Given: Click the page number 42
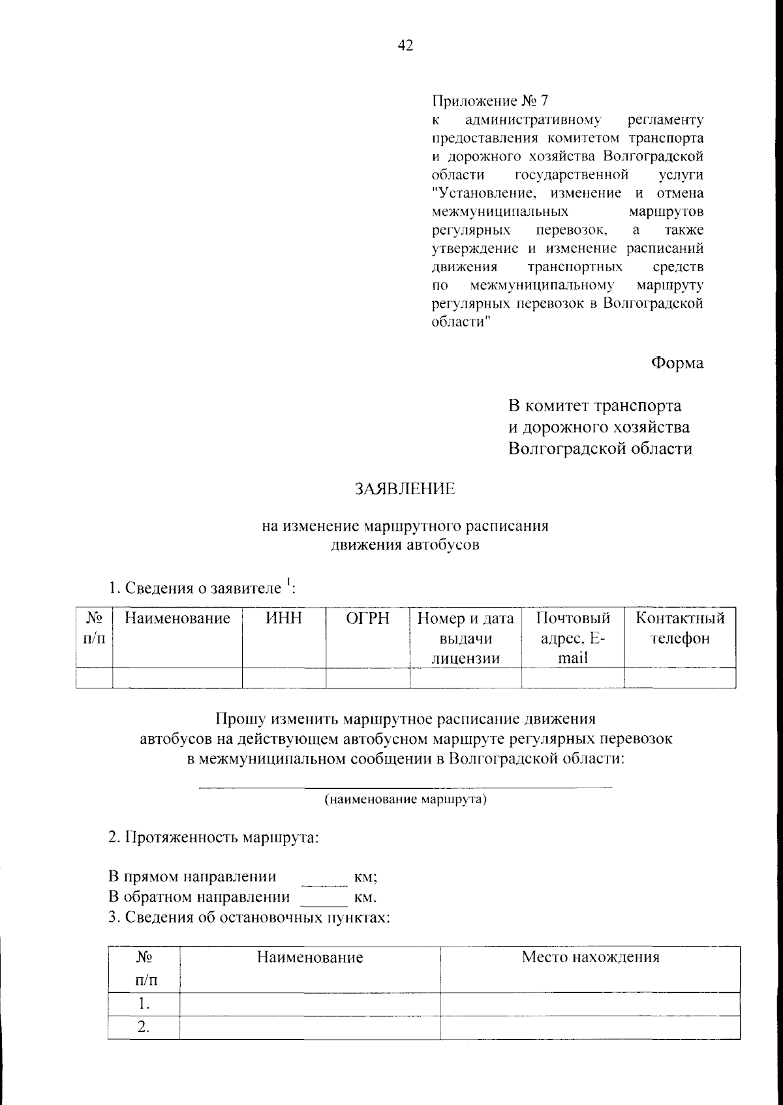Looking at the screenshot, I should click(x=405, y=46).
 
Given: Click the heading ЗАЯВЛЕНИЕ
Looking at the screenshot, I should click(x=405, y=489).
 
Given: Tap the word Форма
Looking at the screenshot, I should click(x=677, y=363).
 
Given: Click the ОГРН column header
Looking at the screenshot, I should click(x=367, y=618).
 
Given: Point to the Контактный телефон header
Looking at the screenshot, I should click(x=680, y=628).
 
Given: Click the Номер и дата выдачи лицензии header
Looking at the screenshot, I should click(x=465, y=638).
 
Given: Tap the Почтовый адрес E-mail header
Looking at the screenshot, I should click(x=572, y=638).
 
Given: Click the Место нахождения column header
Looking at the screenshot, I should click(x=590, y=957).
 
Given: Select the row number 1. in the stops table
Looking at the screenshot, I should click(x=144, y=1004).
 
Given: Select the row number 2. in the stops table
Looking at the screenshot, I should click(x=144, y=1027).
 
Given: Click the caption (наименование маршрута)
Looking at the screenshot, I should click(x=405, y=799).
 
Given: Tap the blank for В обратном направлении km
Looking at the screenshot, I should click(x=325, y=900).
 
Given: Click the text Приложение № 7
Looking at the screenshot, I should click(x=490, y=101).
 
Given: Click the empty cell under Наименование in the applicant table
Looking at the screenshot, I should click(x=177, y=678).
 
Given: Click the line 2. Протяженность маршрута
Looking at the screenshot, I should click(x=213, y=837).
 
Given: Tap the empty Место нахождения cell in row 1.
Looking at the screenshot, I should click(x=590, y=1004).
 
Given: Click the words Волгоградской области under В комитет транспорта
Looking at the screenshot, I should click(x=600, y=449).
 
